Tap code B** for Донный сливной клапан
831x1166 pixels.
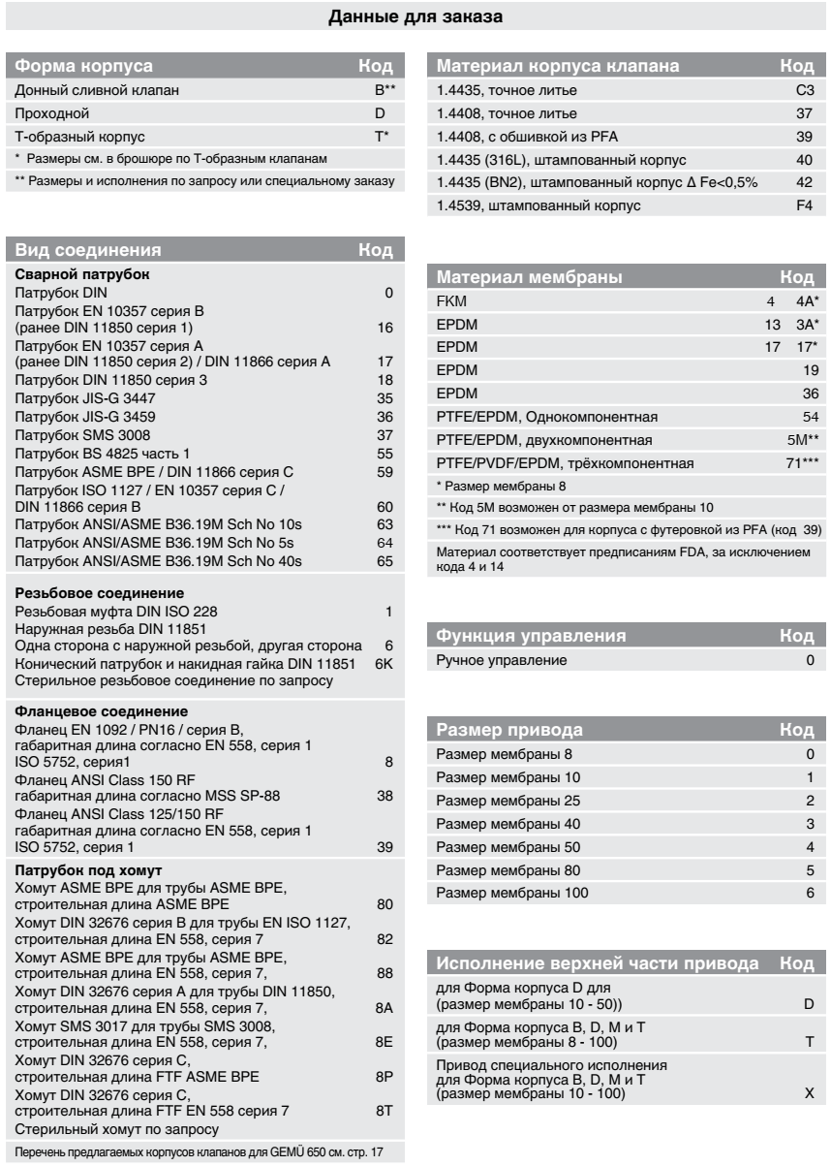click(x=384, y=90)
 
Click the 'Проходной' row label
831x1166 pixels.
click(x=42, y=113)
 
